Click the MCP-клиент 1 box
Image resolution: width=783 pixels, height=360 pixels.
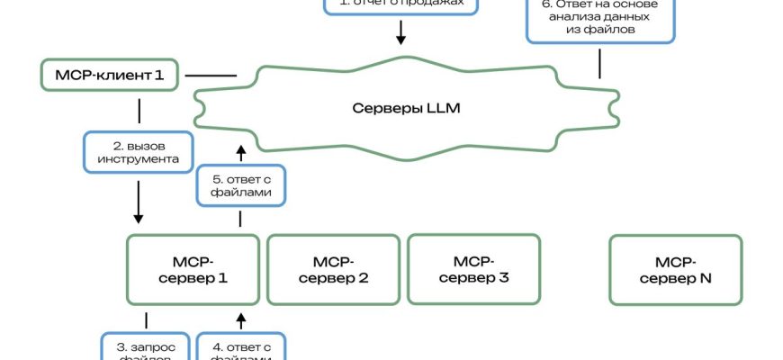pos(111,75)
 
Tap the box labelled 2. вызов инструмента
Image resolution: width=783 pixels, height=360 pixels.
pos(139,152)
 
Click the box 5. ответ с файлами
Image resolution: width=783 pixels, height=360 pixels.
pos(240,186)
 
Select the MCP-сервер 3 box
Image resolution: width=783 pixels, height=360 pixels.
pos(473,270)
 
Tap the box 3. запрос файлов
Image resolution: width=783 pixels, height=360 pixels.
pos(145,347)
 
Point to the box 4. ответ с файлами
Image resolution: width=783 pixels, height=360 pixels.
pos(240,347)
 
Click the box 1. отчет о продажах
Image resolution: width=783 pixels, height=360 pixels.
pos(401,5)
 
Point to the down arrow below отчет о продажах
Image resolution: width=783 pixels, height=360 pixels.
pos(401,33)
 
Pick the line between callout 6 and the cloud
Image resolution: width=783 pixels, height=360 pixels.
pos(600,62)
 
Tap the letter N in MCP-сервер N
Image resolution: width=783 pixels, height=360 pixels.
pos(705,279)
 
